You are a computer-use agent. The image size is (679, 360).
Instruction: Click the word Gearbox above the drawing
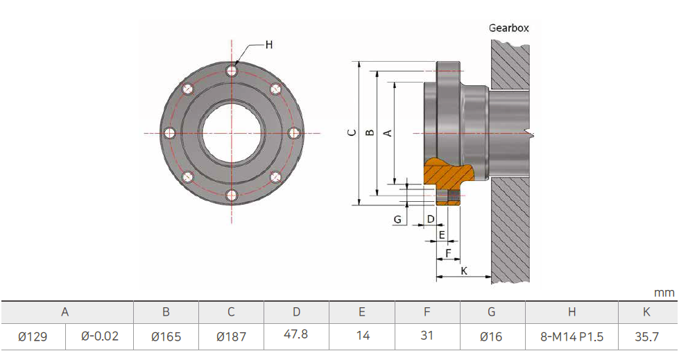tap(508, 28)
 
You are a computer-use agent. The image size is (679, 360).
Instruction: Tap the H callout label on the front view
tap(268, 44)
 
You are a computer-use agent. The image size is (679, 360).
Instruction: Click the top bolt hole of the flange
tap(232, 71)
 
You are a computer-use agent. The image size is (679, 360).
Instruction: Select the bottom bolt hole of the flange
tap(232, 196)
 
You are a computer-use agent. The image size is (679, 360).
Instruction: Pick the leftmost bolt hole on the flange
tap(169, 133)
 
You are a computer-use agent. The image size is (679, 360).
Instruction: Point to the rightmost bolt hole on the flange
tap(294, 133)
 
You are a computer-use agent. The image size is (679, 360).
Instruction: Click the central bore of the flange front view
tap(232, 133)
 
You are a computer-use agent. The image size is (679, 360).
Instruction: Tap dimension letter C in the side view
tap(352, 132)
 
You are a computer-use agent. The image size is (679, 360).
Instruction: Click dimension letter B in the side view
tap(370, 132)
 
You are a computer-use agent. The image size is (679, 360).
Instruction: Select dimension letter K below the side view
tap(463, 271)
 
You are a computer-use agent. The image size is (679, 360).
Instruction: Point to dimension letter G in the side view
tap(397, 219)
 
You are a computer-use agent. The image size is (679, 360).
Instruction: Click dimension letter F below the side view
tap(448, 252)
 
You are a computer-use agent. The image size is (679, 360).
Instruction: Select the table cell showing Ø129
tap(33, 336)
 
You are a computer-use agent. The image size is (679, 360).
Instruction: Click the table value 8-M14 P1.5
tap(572, 336)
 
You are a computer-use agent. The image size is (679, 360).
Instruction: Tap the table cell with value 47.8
tap(296, 334)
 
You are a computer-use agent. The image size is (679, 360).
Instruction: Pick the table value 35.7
tap(646, 336)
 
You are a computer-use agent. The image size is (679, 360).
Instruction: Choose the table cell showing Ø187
tap(231, 336)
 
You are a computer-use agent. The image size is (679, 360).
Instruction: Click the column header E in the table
tap(362, 312)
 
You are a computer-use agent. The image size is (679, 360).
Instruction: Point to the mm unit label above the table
tap(664, 293)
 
